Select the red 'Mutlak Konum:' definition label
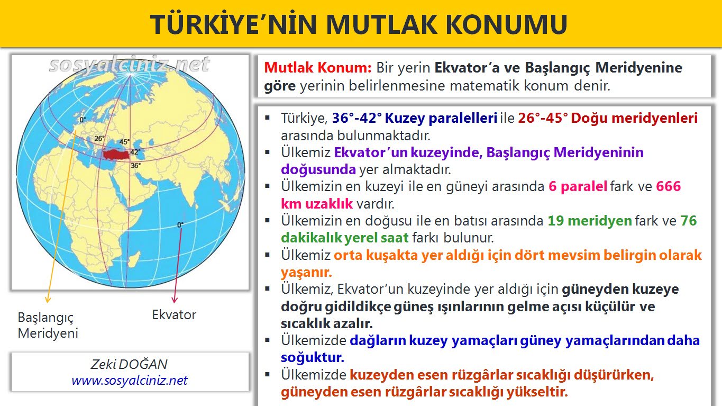(317, 68)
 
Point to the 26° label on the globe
(99, 139)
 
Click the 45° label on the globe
(125, 142)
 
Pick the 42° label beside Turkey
(134, 152)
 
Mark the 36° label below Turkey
(135, 166)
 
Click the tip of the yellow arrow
(47, 302)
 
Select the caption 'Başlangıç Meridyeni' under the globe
(48, 325)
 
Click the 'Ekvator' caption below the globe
(174, 315)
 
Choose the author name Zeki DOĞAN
(130, 365)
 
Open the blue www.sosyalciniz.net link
(130, 380)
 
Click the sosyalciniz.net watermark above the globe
(130, 65)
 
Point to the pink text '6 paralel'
(578, 187)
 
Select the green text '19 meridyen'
(589, 221)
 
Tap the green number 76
(689, 221)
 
